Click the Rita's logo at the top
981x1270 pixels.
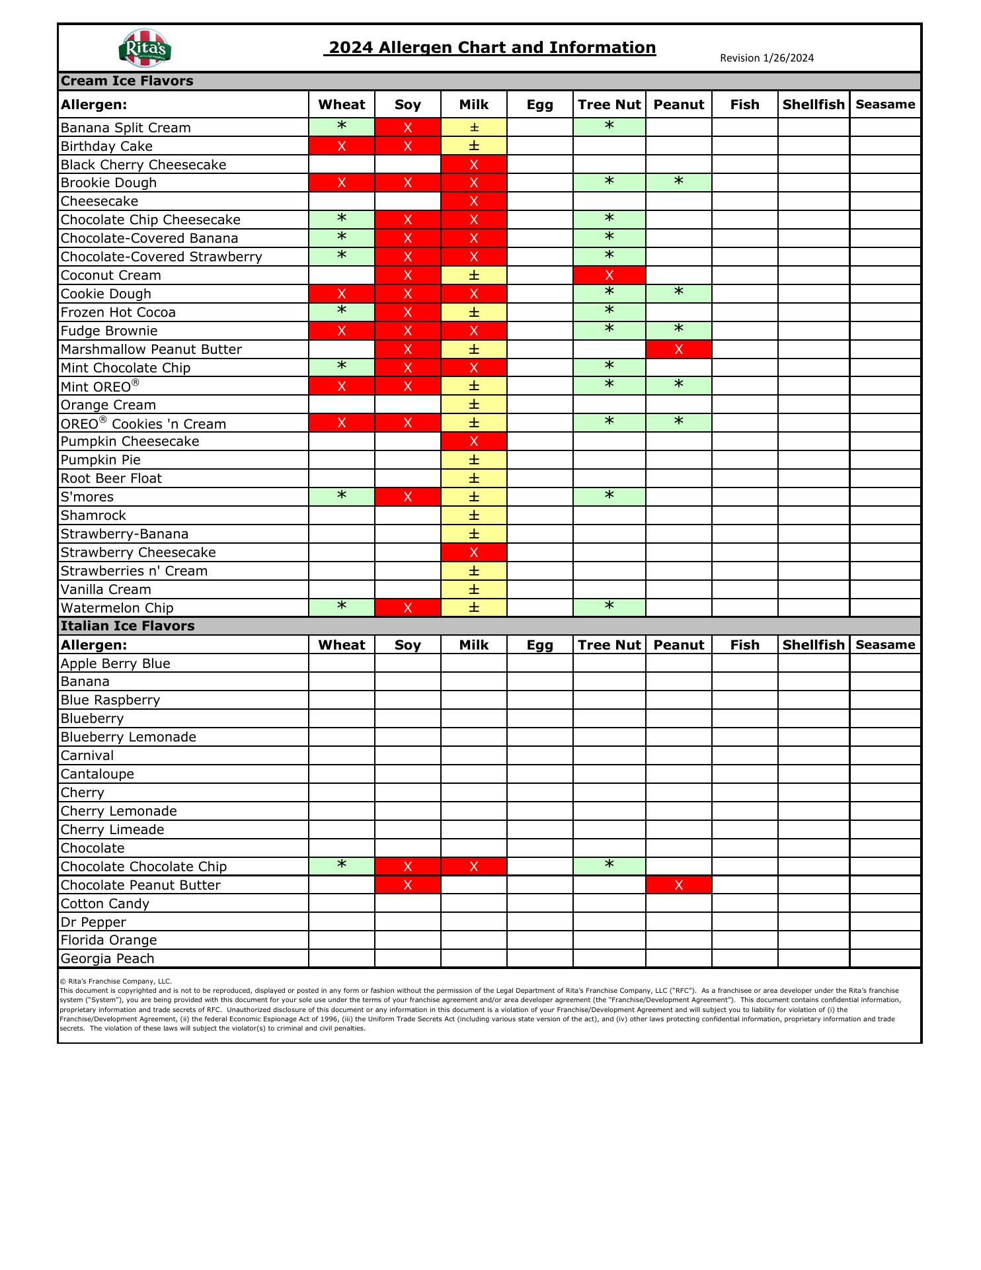tap(145, 48)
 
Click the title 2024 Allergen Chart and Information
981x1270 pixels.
tap(490, 48)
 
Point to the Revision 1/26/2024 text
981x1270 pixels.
tap(767, 58)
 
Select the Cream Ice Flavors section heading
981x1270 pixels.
tap(127, 81)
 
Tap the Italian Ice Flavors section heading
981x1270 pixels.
tap(128, 626)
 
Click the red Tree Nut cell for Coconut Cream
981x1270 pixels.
tap(609, 275)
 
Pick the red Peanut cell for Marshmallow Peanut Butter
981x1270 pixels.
tap(678, 349)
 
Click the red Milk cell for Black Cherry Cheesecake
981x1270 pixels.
tap(473, 165)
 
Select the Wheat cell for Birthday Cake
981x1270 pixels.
tap(341, 146)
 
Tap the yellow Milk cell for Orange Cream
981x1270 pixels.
tap(473, 405)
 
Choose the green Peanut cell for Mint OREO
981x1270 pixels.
tap(678, 386)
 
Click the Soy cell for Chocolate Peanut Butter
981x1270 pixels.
tap(407, 885)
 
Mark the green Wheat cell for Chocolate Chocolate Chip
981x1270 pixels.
tap(341, 867)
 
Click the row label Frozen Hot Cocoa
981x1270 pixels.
tap(118, 312)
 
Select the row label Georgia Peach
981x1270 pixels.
tap(108, 958)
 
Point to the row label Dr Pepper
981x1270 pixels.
tap(93, 922)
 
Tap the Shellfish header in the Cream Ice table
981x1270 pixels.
tap(813, 105)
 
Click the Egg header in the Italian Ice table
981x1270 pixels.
tap(539, 645)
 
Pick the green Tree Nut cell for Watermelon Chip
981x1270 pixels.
tap(609, 608)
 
